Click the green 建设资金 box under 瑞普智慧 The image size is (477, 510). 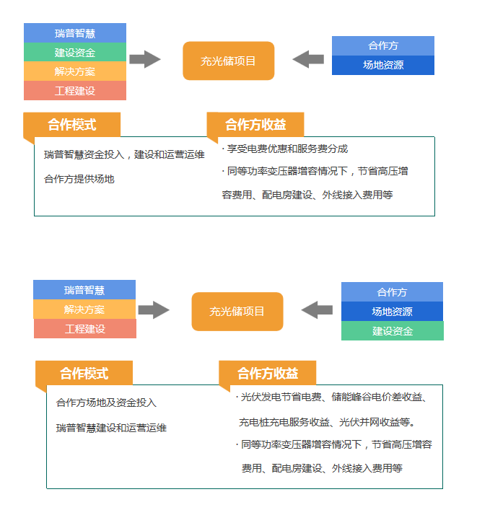75,52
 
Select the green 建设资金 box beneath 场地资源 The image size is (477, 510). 393,331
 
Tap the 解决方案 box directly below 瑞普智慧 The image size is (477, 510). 84,309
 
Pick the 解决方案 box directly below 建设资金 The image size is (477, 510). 75,71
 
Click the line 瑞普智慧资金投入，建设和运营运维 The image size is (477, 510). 124,154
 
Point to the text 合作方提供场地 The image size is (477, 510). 79,179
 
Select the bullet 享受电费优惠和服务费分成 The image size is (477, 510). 285,149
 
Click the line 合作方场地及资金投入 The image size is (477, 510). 106,403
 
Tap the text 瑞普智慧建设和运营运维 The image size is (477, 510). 111,428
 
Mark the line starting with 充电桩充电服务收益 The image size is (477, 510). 327,422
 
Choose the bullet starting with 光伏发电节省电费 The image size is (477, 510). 331,397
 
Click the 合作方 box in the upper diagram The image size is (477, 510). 383,46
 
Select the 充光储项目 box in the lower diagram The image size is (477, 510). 237,312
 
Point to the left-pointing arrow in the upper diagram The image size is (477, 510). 308,59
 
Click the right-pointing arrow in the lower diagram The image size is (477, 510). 154,310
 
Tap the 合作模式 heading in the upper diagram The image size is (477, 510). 72,125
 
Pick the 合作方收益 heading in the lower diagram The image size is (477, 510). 268,373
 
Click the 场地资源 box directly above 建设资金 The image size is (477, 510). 392,312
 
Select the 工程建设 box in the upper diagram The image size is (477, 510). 75,90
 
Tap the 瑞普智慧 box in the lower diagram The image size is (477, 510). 84,290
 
